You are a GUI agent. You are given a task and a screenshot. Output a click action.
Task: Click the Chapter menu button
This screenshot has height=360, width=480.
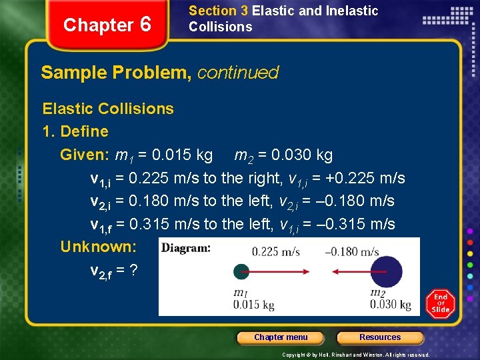(281, 337)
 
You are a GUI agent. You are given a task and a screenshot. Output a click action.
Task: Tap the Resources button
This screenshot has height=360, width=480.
(380, 337)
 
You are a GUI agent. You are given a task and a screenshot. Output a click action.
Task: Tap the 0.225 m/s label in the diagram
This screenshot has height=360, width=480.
(276, 251)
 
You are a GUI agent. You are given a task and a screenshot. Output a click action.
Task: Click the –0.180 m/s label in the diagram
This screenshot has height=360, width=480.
(352, 251)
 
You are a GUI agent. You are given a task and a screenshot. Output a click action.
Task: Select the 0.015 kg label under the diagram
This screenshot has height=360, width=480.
(253, 305)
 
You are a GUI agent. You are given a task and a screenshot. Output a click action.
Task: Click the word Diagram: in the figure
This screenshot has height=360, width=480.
(187, 248)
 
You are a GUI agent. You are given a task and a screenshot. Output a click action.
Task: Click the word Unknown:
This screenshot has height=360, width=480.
(98, 247)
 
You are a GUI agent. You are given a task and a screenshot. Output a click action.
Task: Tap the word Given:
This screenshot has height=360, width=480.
(85, 155)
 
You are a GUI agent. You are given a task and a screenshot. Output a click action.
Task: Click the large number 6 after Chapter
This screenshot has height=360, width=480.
(145, 25)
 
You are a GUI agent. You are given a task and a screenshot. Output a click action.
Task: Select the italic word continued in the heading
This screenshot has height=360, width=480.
(237, 73)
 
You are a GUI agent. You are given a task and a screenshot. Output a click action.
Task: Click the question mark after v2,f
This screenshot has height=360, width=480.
(134, 270)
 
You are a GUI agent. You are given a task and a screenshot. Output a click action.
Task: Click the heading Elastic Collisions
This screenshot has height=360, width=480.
(108, 109)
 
